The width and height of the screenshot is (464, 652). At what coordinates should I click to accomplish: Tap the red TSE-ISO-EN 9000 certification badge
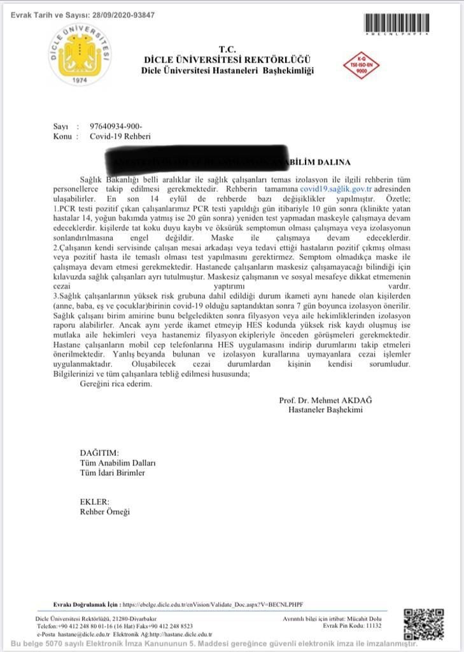pyautogui.click(x=365, y=66)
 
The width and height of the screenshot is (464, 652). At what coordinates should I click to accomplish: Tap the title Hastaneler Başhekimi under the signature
pyautogui.click(x=325, y=410)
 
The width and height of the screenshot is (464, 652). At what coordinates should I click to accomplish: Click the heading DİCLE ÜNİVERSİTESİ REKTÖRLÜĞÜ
pyautogui.click(x=227, y=60)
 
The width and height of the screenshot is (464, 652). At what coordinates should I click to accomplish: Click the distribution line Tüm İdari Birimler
pyautogui.click(x=113, y=472)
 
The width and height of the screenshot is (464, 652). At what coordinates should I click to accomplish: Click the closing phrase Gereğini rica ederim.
pyautogui.click(x=116, y=384)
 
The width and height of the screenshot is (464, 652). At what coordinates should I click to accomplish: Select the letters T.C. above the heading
pyautogui.click(x=227, y=50)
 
